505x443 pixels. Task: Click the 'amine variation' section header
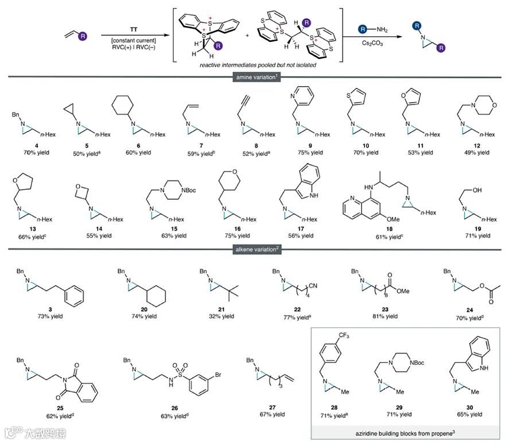252,76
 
